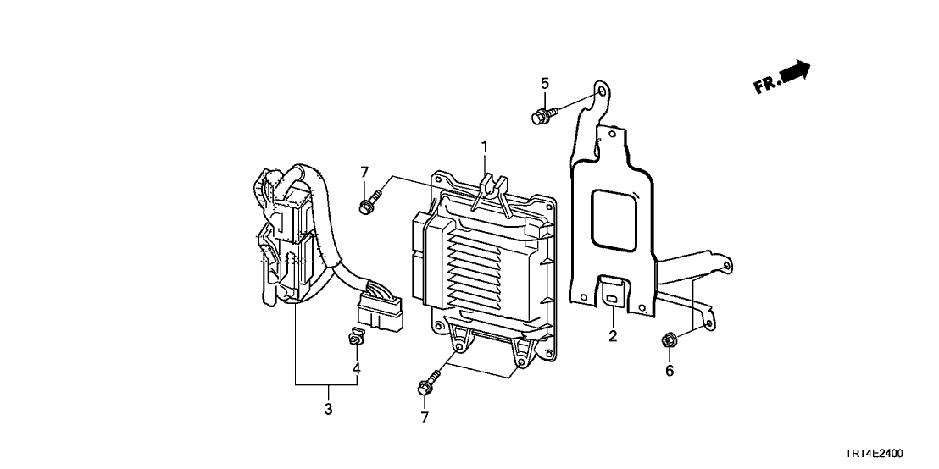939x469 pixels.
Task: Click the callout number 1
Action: [485, 147]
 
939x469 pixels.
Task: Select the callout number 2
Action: [613, 336]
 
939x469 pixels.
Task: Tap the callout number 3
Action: [328, 410]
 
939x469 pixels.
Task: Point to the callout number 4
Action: [357, 368]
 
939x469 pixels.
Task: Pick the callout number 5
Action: [545, 83]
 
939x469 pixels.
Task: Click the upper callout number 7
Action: [365, 173]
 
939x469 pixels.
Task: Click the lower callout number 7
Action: [424, 417]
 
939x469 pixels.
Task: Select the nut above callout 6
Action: [668, 342]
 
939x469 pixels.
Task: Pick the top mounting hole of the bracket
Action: [601, 91]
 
